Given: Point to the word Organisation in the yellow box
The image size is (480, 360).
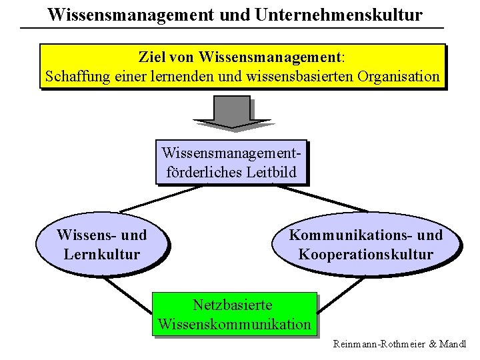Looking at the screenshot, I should tap(398, 76).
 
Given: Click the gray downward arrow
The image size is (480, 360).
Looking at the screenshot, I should tap(231, 112).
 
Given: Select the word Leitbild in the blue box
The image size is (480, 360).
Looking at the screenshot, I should tap(276, 172).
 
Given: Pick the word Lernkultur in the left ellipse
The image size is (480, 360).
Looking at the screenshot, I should tap(102, 254).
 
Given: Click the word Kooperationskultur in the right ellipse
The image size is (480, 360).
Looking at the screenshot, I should tap(366, 254).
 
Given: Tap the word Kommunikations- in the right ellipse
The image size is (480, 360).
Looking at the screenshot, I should tap(343, 235).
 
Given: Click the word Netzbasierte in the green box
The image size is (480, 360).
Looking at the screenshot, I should tap(233, 305).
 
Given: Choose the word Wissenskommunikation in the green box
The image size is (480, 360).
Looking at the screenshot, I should tap(234, 325).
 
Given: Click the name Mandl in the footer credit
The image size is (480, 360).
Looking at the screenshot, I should tap(452, 345).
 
